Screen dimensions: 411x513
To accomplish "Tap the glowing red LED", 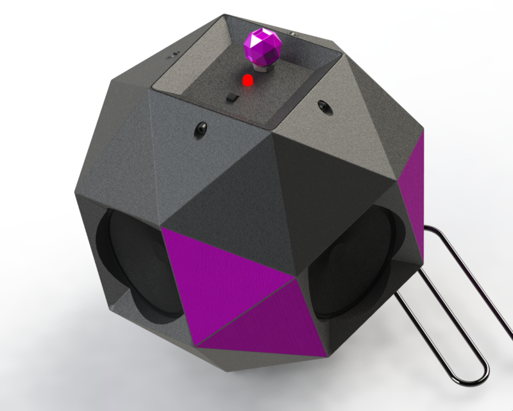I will point(247,81).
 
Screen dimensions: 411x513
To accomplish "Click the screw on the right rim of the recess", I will point(323,104).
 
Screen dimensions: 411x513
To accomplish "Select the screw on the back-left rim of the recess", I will point(173,55).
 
